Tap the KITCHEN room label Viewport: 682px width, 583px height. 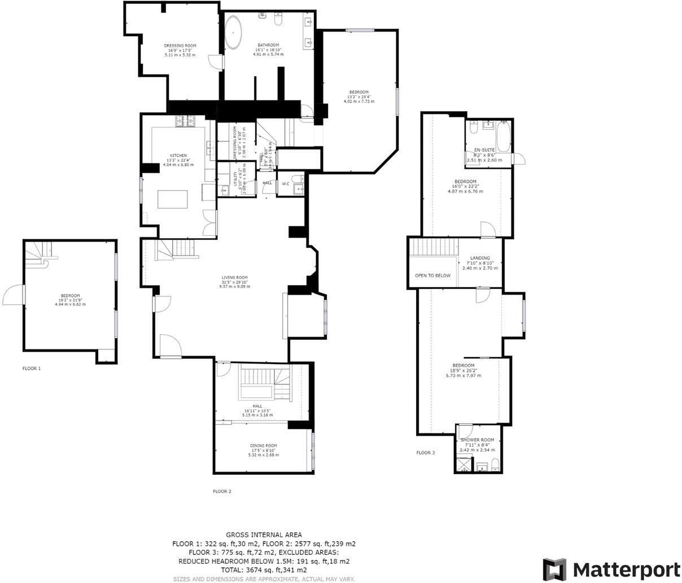tap(178, 156)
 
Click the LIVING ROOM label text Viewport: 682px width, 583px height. tap(234, 278)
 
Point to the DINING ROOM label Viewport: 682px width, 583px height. tap(264, 446)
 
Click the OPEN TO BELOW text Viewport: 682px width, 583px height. tap(432, 275)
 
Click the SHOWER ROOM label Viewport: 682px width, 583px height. tap(477, 440)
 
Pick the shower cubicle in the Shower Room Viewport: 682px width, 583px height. tap(462, 464)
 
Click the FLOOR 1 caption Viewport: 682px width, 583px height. tap(32, 369)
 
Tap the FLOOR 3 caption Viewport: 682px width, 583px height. tap(426, 453)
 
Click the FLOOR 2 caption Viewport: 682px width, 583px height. tap(222, 492)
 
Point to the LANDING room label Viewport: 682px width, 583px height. tap(480, 258)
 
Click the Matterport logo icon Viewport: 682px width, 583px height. tap(554, 569)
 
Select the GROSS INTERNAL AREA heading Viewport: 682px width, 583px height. tap(264, 534)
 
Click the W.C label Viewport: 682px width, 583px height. tap(286, 183)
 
